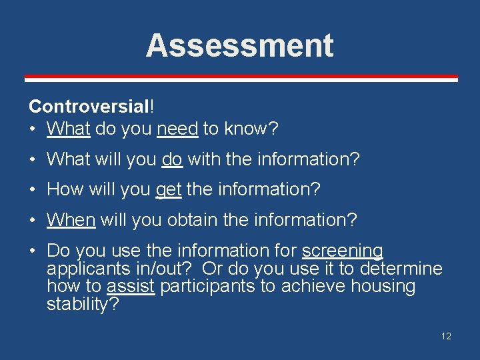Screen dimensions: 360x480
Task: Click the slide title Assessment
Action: coord(239,46)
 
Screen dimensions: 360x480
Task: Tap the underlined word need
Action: coord(177,129)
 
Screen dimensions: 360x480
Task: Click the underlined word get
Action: coord(168,190)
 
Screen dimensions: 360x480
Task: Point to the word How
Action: coord(63,190)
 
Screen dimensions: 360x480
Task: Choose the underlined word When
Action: coord(71,219)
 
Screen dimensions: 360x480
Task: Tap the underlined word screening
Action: coord(343,251)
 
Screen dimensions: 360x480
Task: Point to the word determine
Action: coord(401,269)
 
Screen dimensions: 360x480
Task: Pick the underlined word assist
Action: coord(131,287)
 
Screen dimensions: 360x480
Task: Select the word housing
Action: coord(385,287)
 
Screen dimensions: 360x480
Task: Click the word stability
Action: coord(80,305)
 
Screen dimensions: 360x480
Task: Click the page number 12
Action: coord(446,336)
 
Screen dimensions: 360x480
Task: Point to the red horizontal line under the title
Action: coord(241,78)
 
